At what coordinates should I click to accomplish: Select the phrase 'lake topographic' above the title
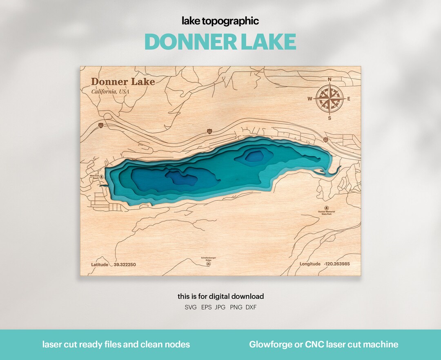pyautogui.click(x=220, y=21)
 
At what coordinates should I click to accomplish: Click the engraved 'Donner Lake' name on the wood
pyautogui.click(x=122, y=82)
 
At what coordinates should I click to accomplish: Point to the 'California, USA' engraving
pyautogui.click(x=110, y=92)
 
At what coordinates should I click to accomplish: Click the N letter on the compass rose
pyautogui.click(x=330, y=80)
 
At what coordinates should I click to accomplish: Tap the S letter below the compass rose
pyautogui.click(x=330, y=118)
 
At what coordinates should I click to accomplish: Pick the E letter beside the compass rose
pyautogui.click(x=349, y=99)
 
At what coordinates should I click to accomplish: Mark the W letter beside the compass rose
pyautogui.click(x=310, y=99)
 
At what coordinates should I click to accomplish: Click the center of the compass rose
pyautogui.click(x=330, y=99)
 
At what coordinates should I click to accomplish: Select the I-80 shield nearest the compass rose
pyautogui.click(x=325, y=140)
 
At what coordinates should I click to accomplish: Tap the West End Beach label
pyautogui.click(x=94, y=177)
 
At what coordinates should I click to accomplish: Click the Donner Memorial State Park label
pyautogui.click(x=327, y=212)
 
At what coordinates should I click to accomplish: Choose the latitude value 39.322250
pyautogui.click(x=125, y=264)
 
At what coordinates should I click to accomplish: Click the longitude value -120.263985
pyautogui.click(x=336, y=264)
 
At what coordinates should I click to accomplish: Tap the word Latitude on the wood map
pyautogui.click(x=100, y=264)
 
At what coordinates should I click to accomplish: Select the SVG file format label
pyautogui.click(x=191, y=307)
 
